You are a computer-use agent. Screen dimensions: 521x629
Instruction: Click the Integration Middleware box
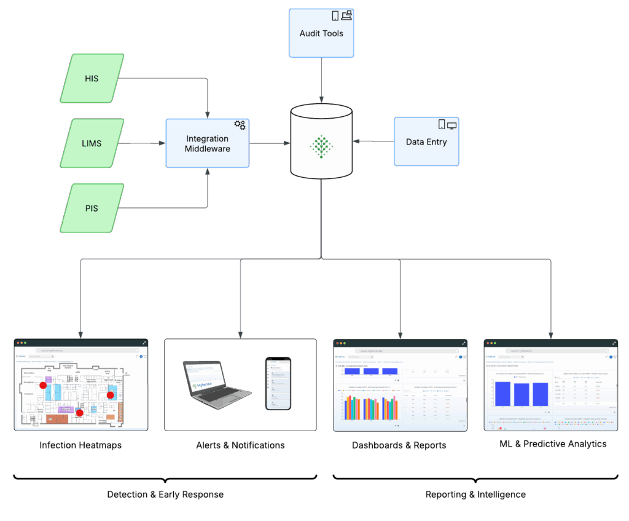(208, 143)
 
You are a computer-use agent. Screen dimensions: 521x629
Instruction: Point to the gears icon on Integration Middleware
(240, 125)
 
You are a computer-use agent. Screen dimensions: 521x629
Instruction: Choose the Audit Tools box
(321, 33)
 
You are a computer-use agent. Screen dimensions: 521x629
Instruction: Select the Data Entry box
(426, 141)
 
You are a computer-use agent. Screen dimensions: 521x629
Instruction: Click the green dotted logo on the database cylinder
(321, 146)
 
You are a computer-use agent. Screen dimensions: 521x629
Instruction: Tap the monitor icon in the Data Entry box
(452, 125)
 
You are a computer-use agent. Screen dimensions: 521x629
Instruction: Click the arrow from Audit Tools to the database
(321, 80)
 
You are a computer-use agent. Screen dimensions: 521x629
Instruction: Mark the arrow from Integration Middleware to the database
(270, 143)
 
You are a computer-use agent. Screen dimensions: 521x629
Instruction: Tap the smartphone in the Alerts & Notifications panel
(278, 383)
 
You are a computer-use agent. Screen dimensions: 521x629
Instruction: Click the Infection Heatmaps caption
(80, 445)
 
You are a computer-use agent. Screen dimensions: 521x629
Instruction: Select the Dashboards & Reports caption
(399, 445)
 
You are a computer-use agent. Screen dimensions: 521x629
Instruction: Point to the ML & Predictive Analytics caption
(553, 443)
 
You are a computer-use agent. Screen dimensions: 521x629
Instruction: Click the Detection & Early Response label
(165, 495)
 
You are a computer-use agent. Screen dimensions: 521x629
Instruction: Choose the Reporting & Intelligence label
(475, 495)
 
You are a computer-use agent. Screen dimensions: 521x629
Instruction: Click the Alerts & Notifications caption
(240, 445)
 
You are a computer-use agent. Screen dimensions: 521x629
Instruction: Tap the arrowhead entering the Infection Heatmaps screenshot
(80, 333)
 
